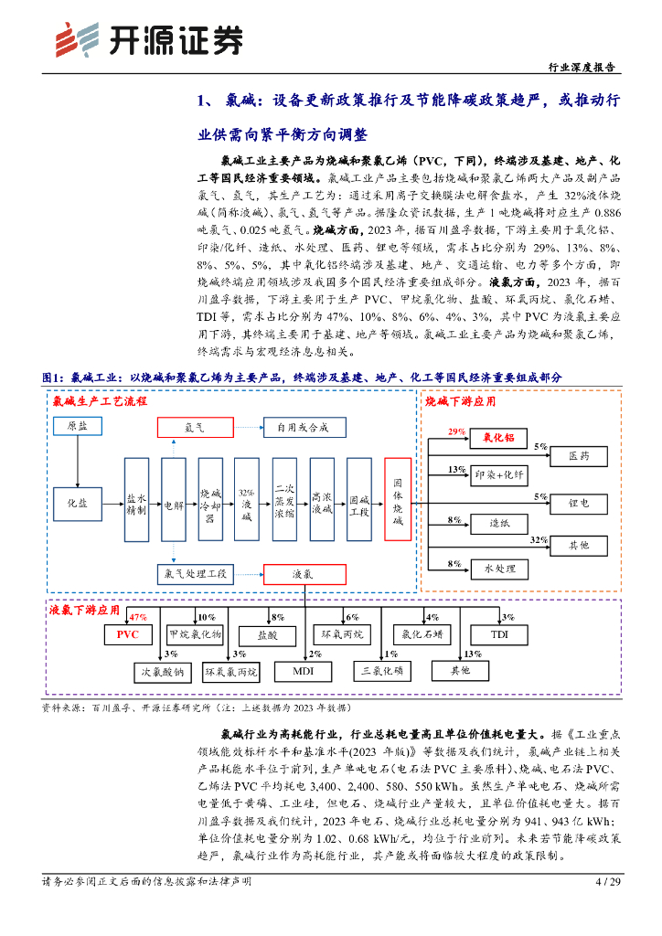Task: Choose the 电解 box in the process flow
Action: pyautogui.click(x=173, y=504)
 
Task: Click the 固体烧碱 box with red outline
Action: pyautogui.click(x=398, y=504)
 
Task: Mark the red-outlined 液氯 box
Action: pyautogui.click(x=303, y=573)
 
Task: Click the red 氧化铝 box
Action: pyautogui.click(x=498, y=440)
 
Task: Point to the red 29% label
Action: pyautogui.click(x=457, y=431)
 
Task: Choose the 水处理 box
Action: pyautogui.click(x=499, y=569)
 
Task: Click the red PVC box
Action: pyautogui.click(x=127, y=633)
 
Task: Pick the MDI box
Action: pyautogui.click(x=303, y=672)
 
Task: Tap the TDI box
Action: pyautogui.click(x=498, y=633)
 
